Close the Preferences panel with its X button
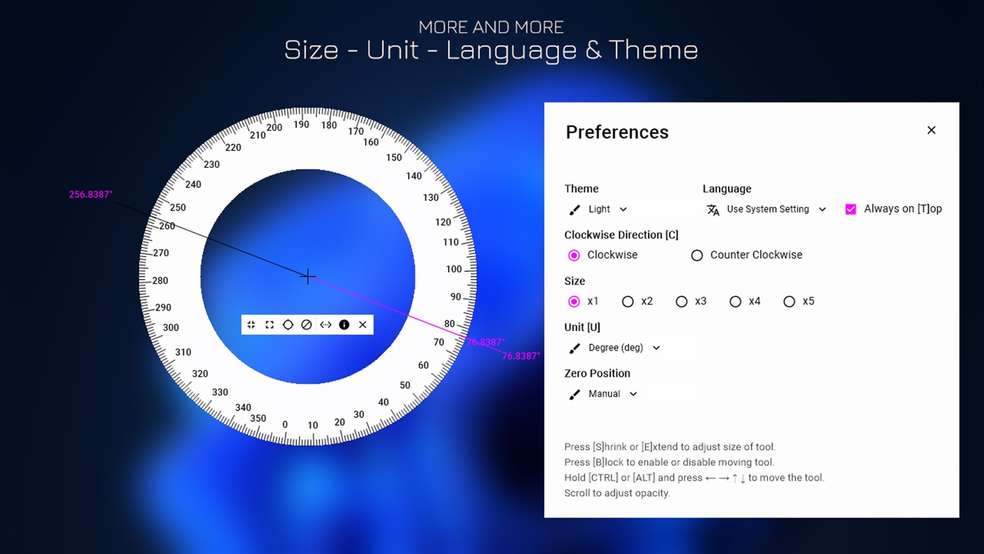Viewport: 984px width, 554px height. (931, 130)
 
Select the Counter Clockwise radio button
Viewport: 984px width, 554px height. (697, 256)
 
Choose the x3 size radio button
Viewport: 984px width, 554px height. (682, 301)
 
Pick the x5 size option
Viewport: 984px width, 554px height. (789, 301)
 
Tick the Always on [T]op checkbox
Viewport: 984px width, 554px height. (851, 209)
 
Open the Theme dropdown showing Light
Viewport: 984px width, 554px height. (599, 209)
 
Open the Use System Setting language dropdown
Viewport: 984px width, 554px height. (767, 209)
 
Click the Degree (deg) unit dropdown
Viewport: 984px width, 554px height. (615, 348)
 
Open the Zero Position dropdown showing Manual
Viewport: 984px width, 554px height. (603, 394)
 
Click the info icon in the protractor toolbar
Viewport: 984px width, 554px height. (344, 325)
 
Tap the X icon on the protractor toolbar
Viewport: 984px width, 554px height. (363, 325)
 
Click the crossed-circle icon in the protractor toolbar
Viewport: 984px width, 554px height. (307, 325)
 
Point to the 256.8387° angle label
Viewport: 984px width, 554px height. (91, 194)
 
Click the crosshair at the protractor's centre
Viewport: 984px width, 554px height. (307, 277)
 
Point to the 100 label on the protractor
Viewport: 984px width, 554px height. (454, 269)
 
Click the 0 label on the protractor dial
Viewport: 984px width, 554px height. (285, 424)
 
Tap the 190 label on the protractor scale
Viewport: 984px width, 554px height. (301, 125)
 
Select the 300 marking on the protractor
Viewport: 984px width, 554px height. (171, 327)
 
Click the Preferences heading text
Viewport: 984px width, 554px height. (617, 132)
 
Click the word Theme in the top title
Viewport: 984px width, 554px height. (653, 50)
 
